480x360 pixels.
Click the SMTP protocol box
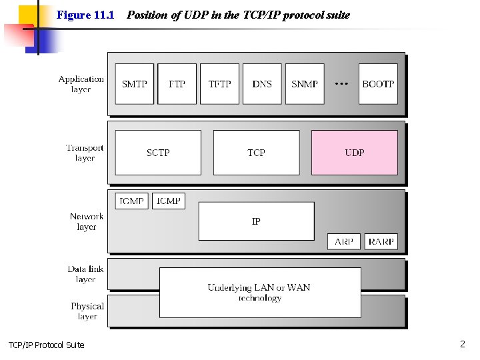(135, 84)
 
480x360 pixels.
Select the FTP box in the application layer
(177, 84)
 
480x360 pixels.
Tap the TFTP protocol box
(219, 84)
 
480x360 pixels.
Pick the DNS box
(262, 84)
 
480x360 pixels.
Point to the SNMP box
(305, 84)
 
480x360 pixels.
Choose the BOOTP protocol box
(378, 84)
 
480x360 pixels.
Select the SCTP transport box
(158, 153)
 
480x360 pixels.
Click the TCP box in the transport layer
(256, 153)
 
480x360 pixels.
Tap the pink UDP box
(355, 153)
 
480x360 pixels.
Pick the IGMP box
(132, 201)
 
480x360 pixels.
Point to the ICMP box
(169, 201)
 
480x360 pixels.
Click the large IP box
(256, 221)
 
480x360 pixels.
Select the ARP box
(344, 241)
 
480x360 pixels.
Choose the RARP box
(381, 241)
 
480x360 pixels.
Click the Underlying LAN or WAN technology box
(260, 293)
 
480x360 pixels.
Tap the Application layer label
(81, 84)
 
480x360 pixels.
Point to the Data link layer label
(85, 274)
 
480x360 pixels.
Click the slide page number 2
(462, 344)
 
